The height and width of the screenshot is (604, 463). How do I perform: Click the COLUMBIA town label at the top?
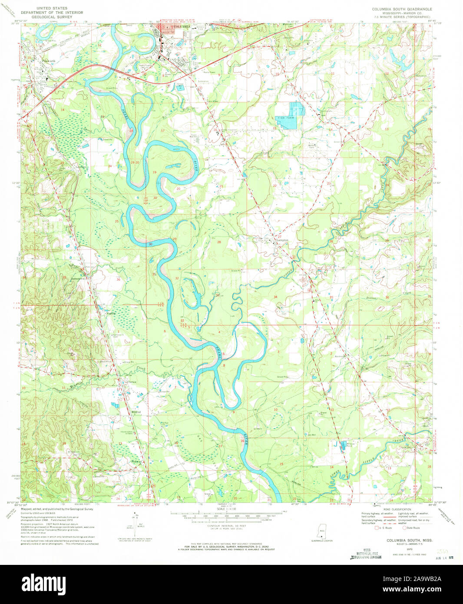pos(181,27)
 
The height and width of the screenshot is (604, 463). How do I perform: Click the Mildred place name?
pos(136,412)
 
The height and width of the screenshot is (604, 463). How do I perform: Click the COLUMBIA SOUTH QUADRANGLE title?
pos(402,9)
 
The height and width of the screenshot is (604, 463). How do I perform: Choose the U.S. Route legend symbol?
pos(377,528)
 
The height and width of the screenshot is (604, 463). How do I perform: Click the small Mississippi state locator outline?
pos(322,532)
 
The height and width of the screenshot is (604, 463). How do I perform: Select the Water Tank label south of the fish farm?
pos(311,146)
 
